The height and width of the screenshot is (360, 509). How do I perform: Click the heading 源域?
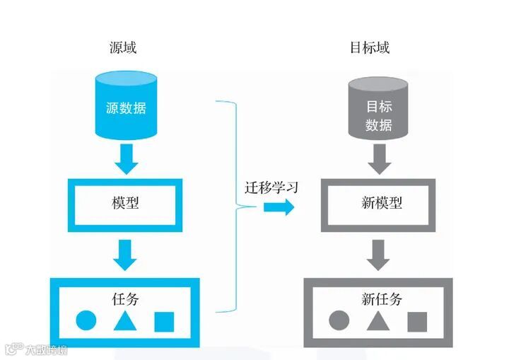(125, 48)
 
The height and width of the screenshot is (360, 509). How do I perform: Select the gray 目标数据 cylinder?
(378, 110)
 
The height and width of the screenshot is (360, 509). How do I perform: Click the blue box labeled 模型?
(125, 203)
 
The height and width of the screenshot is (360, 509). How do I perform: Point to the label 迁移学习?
(271, 188)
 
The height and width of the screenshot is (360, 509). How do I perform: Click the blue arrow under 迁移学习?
(279, 207)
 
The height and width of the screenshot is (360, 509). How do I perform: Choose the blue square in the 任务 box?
(163, 321)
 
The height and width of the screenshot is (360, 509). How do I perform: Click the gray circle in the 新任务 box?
(339, 321)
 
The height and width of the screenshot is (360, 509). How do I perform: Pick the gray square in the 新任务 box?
(417, 321)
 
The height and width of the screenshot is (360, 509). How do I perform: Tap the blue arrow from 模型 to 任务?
(126, 255)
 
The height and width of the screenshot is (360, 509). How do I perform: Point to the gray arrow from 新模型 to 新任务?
(379, 255)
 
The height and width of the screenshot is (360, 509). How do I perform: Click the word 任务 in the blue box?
(125, 298)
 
